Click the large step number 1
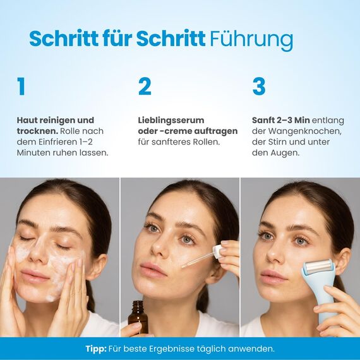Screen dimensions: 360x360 coord(21,87)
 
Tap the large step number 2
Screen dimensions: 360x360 coord(145,87)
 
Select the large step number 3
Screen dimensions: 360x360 coord(258,87)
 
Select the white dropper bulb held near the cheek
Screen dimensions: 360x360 coord(219,251)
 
